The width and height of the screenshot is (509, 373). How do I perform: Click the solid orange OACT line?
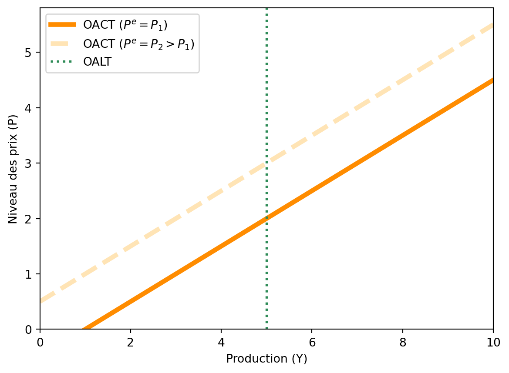point(357,163)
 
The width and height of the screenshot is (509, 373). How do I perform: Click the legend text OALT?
point(98,62)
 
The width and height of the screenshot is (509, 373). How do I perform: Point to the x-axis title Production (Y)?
point(266,359)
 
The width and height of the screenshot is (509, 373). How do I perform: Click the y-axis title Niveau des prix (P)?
point(13,169)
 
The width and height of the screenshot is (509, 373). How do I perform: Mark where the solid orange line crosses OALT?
point(266,218)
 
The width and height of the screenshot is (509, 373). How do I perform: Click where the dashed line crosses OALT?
point(266,163)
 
